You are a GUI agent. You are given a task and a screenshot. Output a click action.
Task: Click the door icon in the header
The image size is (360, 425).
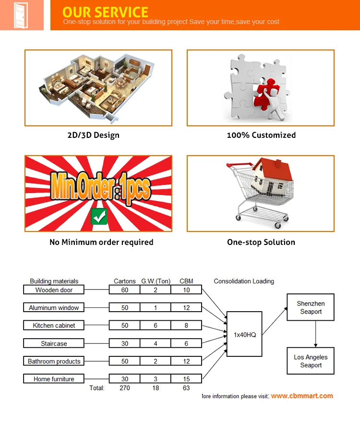click(x=22, y=15)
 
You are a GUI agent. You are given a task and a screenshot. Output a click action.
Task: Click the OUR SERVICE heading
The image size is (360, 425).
click(x=105, y=12)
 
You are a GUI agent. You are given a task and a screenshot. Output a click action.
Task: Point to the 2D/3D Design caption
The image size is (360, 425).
click(x=93, y=135)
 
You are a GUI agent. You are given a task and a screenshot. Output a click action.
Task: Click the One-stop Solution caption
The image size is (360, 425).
click(x=261, y=242)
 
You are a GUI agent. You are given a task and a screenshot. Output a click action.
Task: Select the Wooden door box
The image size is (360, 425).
click(x=54, y=290)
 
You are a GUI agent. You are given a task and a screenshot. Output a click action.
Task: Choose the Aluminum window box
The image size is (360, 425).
click(x=54, y=307)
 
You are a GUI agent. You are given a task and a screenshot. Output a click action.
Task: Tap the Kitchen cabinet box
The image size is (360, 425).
click(x=54, y=325)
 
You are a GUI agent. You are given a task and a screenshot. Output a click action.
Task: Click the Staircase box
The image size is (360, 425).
click(x=54, y=343)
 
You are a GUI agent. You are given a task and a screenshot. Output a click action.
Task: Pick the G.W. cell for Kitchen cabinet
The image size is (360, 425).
click(x=156, y=325)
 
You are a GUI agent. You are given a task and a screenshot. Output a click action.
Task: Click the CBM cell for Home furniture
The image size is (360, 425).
click(x=186, y=379)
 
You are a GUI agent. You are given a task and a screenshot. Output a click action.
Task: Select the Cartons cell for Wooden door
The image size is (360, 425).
click(x=125, y=290)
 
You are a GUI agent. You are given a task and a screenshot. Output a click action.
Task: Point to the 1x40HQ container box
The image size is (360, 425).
click(x=244, y=334)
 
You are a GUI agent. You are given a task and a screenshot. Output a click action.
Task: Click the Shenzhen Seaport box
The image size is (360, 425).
click(x=311, y=307)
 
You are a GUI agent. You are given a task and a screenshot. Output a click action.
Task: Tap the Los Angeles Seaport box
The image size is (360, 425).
click(x=311, y=361)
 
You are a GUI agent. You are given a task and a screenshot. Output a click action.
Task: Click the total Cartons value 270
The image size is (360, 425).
click(x=125, y=388)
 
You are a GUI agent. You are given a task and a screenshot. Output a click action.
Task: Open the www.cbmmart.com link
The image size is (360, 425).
click(x=301, y=396)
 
